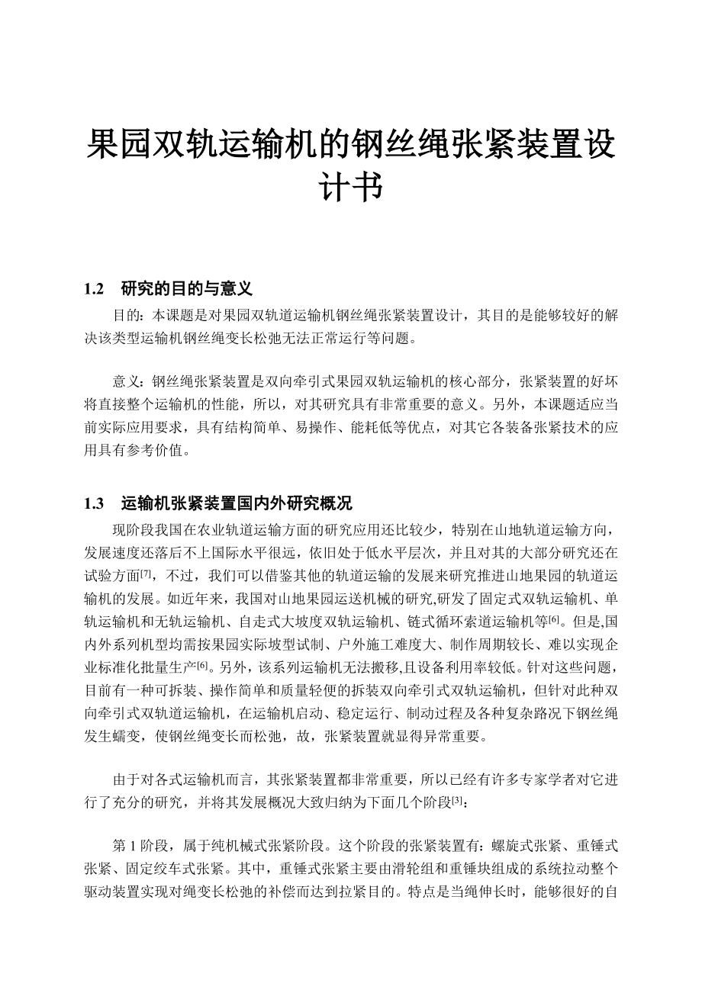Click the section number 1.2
(x=93, y=289)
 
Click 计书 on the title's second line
(x=350, y=188)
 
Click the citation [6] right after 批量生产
(x=203, y=664)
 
